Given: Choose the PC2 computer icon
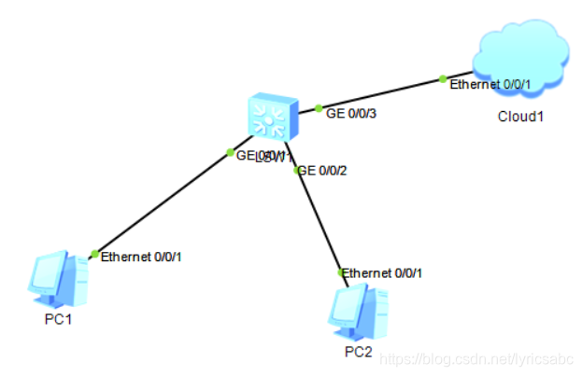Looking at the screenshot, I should [359, 310].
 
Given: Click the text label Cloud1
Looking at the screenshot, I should [519, 118].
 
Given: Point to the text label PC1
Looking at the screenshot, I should [57, 319].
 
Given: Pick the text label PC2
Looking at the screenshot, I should [358, 352].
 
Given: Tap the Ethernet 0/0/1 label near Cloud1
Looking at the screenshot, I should [490, 85].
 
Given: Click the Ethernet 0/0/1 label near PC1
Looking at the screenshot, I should [141, 256].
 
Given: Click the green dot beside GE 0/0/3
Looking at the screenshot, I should [319, 109].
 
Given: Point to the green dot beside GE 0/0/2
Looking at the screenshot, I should [297, 170].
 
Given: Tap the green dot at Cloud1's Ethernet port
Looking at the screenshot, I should [444, 80].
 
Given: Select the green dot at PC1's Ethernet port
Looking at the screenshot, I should [94, 254].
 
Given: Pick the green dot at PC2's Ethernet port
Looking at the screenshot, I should [342, 272].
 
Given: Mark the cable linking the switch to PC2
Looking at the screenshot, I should [319, 222].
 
